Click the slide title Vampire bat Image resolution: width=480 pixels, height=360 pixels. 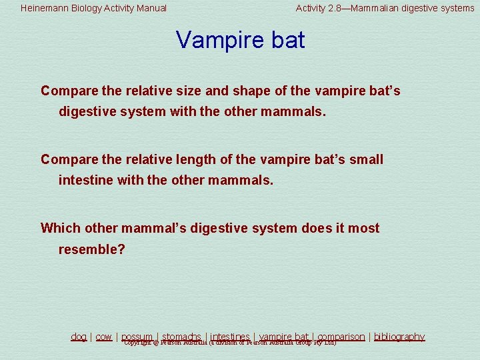click(240, 40)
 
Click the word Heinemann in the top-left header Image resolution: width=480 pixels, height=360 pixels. click(43, 9)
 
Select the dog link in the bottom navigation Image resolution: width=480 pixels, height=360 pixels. click(79, 337)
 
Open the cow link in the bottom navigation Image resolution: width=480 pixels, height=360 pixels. click(103, 337)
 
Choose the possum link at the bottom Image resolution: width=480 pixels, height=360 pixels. click(137, 337)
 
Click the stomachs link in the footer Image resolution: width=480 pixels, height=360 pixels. click(181, 337)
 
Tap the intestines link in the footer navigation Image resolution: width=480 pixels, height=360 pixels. click(230, 337)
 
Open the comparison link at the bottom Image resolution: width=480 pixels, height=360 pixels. click(341, 337)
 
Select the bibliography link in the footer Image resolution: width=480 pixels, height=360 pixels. click(399, 337)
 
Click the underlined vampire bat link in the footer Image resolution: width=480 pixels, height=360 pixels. click(284, 337)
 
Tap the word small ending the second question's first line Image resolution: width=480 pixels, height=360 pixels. click(366, 159)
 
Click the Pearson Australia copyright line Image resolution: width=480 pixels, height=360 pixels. click(230, 343)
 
